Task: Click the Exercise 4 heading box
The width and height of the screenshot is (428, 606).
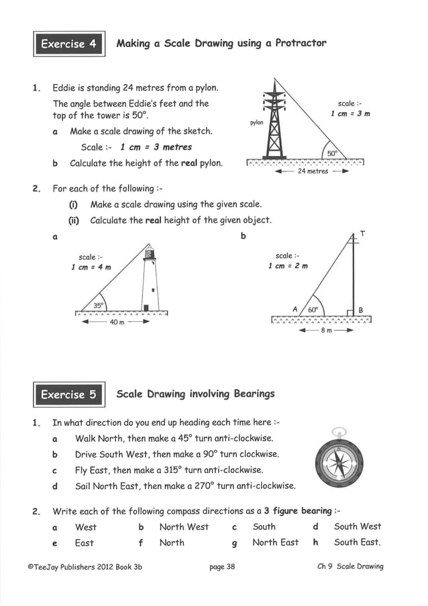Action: [68, 44]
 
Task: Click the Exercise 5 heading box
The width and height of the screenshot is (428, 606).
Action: [68, 394]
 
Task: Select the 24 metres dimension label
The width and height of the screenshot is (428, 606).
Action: [313, 171]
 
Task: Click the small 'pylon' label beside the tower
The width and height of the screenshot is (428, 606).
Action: [256, 123]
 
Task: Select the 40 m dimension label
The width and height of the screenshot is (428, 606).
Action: [117, 322]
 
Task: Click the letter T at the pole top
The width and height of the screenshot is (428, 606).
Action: [362, 233]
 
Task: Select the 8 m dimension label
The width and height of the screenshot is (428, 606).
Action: [325, 331]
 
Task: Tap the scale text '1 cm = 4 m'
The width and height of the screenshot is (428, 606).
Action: [91, 267]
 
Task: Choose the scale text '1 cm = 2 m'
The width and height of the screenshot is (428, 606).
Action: [288, 266]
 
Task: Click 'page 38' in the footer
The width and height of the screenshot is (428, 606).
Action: [222, 566]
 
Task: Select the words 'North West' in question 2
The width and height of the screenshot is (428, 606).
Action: [184, 527]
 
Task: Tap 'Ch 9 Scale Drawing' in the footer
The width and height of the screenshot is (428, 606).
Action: [350, 566]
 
